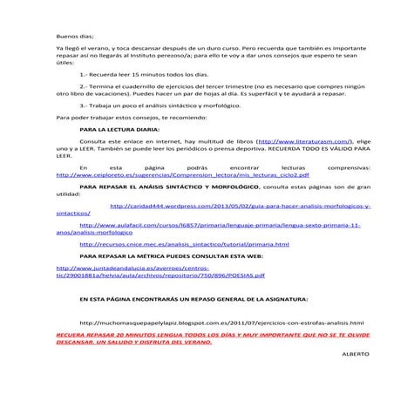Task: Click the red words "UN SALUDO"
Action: pyautogui.click(x=126, y=342)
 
